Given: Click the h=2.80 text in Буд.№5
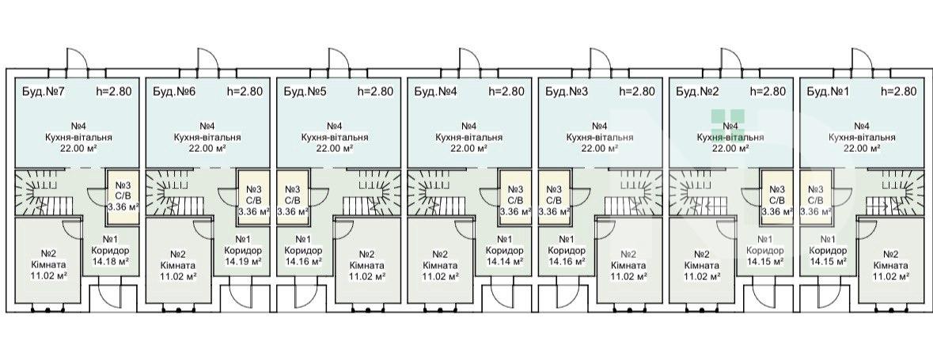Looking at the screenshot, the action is pyautogui.click(x=375, y=92).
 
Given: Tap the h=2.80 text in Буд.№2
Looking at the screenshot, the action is pyautogui.click(x=768, y=92).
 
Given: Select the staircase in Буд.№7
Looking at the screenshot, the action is pyautogui.click(x=44, y=193).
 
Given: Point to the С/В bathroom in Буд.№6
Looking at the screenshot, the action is pyautogui.click(x=253, y=197).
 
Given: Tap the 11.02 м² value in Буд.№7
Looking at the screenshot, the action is pyautogui.click(x=48, y=275).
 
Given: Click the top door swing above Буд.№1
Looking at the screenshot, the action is pyautogui.click(x=863, y=59).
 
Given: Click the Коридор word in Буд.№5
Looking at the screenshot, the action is pyautogui.click(x=303, y=251).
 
